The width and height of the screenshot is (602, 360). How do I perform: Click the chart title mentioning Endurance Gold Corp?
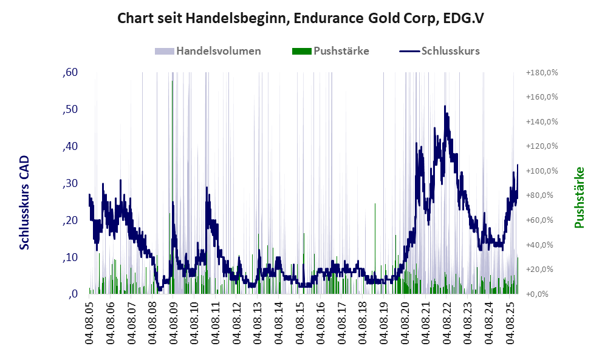click(x=301, y=18)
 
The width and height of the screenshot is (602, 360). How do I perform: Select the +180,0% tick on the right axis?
click(x=541, y=73)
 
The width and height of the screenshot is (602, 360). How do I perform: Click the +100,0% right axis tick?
click(x=541, y=171)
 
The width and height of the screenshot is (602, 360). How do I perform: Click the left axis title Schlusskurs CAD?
click(x=25, y=202)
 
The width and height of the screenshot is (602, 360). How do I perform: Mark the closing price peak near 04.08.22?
click(x=445, y=107)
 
